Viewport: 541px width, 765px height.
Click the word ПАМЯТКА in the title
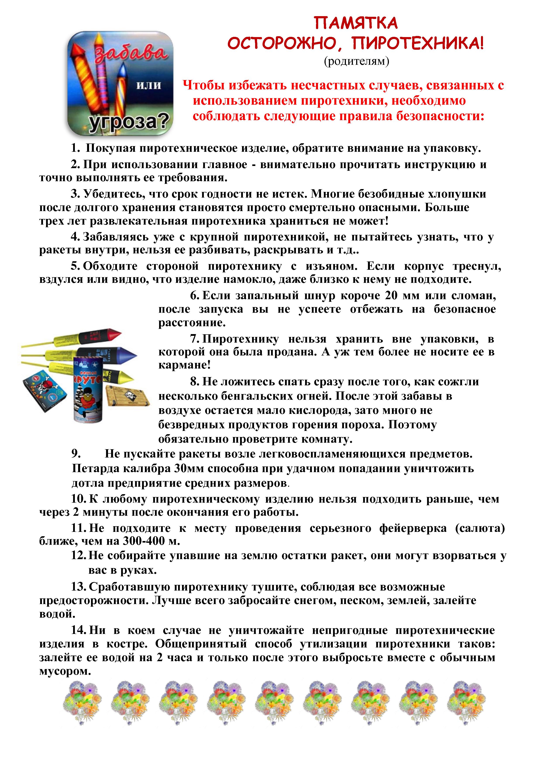356,23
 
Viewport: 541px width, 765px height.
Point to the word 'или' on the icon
149,85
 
